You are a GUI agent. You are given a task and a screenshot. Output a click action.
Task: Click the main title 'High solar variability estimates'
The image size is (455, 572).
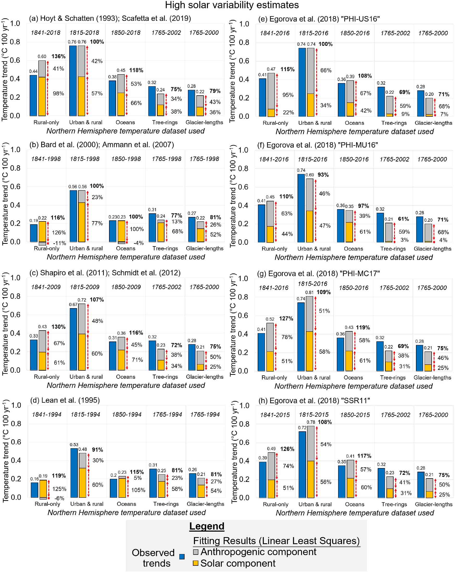click(x=232, y=5)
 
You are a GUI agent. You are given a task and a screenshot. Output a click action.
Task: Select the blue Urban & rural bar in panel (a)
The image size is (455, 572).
click(x=73, y=81)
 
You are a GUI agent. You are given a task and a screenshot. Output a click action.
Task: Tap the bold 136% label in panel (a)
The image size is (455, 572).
click(x=58, y=56)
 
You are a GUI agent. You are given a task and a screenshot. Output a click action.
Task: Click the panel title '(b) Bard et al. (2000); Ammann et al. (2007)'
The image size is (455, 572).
click(x=102, y=145)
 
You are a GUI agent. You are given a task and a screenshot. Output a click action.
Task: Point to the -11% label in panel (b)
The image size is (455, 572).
click(x=59, y=243)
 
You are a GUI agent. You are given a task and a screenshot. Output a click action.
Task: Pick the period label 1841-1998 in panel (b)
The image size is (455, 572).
click(x=46, y=159)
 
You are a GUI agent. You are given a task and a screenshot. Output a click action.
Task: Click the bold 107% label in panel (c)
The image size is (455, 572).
click(x=97, y=300)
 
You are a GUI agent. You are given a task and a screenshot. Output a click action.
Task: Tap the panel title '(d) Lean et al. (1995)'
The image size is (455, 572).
click(x=65, y=400)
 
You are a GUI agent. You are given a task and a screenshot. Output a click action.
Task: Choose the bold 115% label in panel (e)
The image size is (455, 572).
click(x=287, y=69)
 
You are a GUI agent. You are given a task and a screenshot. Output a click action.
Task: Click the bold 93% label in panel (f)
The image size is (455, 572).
click(x=323, y=175)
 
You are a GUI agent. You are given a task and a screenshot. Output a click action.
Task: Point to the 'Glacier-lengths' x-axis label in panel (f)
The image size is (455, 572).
click(x=432, y=248)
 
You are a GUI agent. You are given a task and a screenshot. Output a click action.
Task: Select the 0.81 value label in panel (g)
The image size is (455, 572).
click(x=309, y=292)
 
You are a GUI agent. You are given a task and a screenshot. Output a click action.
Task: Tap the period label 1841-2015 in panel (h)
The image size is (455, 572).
click(x=275, y=415)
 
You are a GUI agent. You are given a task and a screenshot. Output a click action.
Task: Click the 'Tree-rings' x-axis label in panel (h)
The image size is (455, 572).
click(x=394, y=504)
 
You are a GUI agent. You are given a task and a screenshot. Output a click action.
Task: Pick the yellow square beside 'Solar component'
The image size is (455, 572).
click(x=196, y=563)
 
